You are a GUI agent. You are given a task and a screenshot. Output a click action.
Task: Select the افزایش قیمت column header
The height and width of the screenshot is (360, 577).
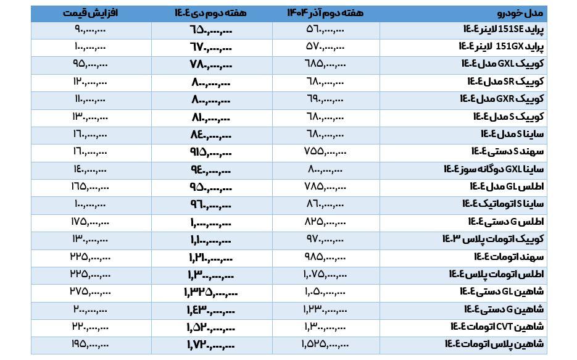[x=90, y=13]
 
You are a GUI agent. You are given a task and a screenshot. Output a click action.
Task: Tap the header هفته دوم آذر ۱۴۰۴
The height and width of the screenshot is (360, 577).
[x=325, y=13]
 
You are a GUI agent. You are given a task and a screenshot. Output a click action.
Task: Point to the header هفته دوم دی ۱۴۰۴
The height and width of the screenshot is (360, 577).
[x=211, y=13]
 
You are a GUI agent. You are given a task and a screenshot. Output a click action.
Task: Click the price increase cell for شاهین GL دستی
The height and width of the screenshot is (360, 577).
[x=91, y=291]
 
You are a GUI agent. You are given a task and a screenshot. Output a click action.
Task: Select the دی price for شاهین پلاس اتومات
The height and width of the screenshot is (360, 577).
[x=211, y=344]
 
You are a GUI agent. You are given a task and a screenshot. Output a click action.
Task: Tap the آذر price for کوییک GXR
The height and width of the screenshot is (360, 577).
[x=325, y=99]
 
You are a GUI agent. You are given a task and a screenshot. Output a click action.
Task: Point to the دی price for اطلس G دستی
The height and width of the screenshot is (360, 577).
[x=211, y=221]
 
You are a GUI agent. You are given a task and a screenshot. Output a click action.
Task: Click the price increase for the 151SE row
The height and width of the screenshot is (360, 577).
[x=90, y=29]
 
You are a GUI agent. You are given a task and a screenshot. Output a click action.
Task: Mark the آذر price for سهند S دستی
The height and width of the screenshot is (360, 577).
[x=325, y=151]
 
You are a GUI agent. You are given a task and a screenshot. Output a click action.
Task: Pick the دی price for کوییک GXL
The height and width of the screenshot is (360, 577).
[x=211, y=64]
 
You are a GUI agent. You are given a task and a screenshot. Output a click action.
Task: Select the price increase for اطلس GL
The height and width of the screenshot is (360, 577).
[x=90, y=186]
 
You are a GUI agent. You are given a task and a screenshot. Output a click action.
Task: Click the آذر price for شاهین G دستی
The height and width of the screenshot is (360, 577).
[x=325, y=309]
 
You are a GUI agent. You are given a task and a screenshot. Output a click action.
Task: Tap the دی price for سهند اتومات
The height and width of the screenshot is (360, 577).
[x=211, y=256]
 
